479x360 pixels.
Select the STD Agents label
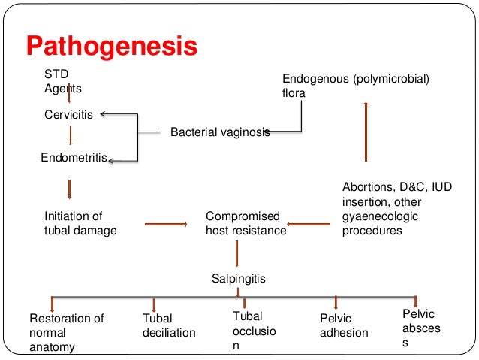coord(62,82)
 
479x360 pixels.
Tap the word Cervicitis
coord(69,115)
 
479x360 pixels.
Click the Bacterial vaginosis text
coord(219,132)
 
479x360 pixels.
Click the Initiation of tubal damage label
coord(80,223)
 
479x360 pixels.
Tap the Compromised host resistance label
coord(246,223)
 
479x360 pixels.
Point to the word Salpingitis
coord(239,279)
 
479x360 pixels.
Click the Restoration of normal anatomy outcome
coord(66,332)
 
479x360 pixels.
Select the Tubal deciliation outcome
coord(169,325)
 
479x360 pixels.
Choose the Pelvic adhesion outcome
coord(344,326)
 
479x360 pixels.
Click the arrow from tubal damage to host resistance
coord(164,223)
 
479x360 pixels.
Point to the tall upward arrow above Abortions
coord(365,132)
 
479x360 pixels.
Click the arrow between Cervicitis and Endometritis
coord(70,135)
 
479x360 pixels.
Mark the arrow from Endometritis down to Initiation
coord(69,188)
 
